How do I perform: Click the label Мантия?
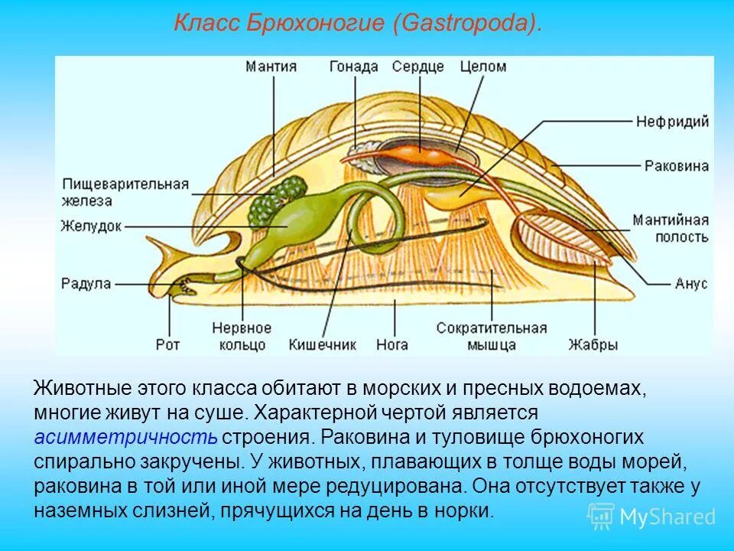pos(271,67)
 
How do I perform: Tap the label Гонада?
pos(353,67)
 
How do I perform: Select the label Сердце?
pos(417,67)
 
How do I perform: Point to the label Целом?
pos(482,67)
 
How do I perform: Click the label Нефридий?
pos(673,122)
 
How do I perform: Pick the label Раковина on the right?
pos(676,165)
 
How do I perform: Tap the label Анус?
pos(691,284)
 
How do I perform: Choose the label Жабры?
pos(593,344)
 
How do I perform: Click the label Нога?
pos(391,344)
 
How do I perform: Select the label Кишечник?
pos(322,344)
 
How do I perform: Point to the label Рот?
pos(167,344)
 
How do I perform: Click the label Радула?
pos(86,284)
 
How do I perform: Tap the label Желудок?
pos(91,226)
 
